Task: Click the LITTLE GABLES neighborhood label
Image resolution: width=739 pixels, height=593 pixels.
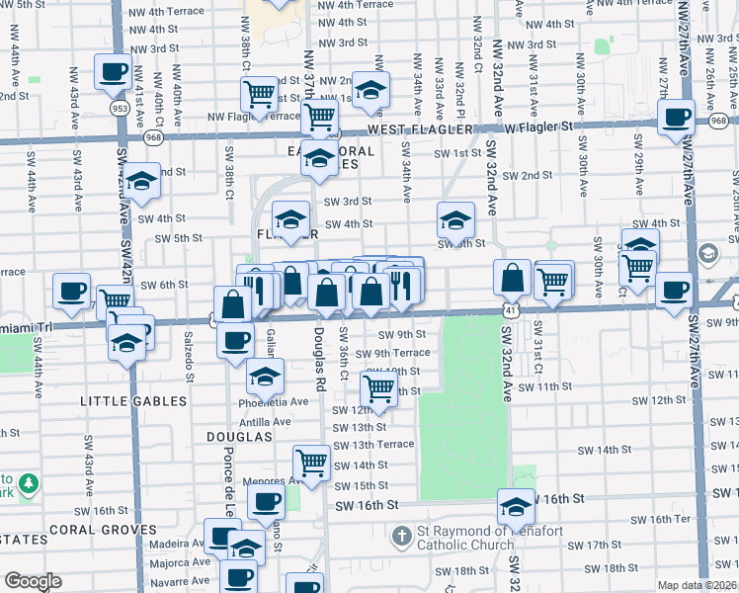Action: coord(133,401)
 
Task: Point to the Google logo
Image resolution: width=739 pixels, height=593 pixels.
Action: coord(32,581)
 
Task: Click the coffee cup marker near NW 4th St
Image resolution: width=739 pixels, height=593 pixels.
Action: coord(112,71)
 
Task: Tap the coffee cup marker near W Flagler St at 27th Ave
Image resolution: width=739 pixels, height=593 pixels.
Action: coord(676,117)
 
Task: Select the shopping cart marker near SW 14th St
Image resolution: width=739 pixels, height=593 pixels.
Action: coord(311,462)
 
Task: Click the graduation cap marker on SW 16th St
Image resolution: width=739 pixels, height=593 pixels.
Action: coord(516,506)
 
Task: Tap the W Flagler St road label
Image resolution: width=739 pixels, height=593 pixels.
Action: coord(538,127)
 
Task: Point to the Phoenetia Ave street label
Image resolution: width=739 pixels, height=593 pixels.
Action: coord(273,402)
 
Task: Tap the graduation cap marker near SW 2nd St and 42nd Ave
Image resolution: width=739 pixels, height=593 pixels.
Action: coord(142,184)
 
